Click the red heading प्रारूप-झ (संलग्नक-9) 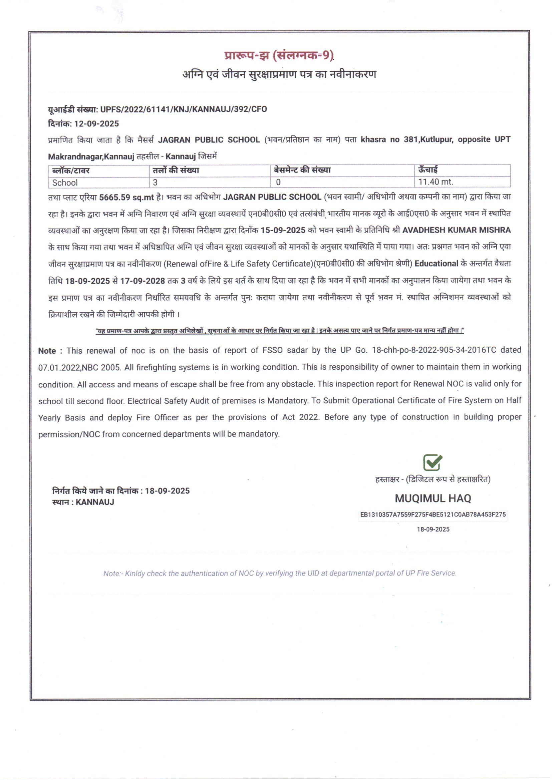tap(279, 55)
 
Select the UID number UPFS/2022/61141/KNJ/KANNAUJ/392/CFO tap(184, 109)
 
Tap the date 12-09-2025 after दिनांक tap(96, 124)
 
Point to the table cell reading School tap(65, 182)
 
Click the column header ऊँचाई tap(428, 169)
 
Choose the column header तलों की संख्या tap(176, 170)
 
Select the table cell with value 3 tap(155, 182)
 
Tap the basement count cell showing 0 tap(278, 182)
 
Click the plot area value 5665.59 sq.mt tap(127, 198)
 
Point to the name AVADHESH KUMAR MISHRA tap(457, 230)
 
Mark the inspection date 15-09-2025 tap(283, 230)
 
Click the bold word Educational tap(437, 264)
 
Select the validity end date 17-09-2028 tap(143, 281)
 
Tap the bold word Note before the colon tap(47, 351)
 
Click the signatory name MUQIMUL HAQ tap(433, 498)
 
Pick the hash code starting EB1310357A tap(433, 514)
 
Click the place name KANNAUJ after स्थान tap(95, 502)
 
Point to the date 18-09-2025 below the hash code tap(433, 529)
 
